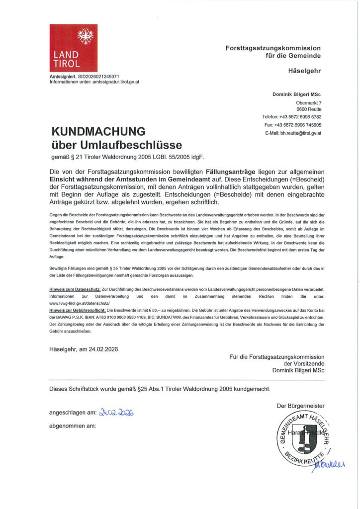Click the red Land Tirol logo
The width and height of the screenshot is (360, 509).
point(74,48)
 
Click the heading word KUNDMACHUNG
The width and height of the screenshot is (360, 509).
point(98,132)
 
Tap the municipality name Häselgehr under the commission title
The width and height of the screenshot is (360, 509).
point(305,71)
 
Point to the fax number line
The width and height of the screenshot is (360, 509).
point(293,125)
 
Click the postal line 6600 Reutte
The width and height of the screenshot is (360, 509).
point(309,109)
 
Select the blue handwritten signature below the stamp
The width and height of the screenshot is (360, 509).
point(328,465)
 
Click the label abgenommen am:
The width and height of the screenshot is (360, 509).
point(72,426)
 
